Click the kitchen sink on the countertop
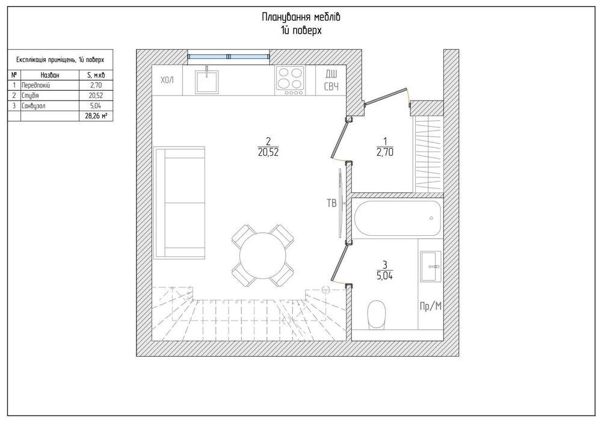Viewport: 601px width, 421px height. [x=206, y=81]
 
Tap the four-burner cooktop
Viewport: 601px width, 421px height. [x=290, y=81]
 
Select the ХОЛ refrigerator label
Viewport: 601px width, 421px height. [x=167, y=81]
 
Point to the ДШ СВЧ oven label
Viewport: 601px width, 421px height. [x=331, y=80]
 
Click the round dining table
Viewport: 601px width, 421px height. [x=263, y=256]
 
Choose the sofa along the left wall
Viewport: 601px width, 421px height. [x=180, y=202]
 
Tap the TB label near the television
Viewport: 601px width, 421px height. [x=331, y=203]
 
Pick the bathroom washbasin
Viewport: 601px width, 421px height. [x=431, y=266]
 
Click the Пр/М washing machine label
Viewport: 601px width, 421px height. [x=431, y=306]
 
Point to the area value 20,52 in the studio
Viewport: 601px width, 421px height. [x=268, y=153]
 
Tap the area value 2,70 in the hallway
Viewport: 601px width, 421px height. [x=385, y=152]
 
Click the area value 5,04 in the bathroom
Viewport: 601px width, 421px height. [x=385, y=275]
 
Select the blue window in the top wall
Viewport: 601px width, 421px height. [x=229, y=57]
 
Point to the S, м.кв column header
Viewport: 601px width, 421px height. [x=96, y=75]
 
